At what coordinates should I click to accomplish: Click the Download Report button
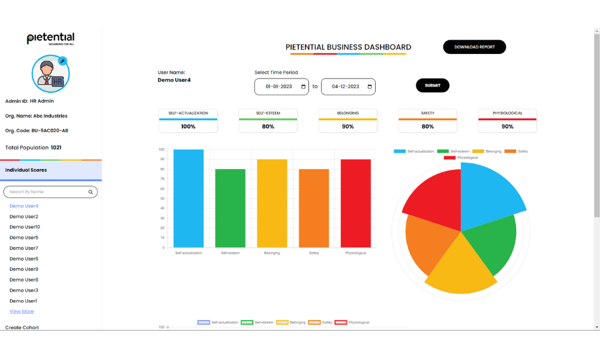[x=474, y=47]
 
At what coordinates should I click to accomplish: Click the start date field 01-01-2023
[x=281, y=86]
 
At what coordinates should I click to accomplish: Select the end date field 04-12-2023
[x=348, y=86]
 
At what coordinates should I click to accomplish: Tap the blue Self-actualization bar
[x=188, y=198]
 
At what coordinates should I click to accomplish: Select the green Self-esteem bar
[x=230, y=208]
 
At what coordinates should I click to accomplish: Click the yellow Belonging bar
[x=272, y=203]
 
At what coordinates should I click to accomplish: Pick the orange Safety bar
[x=314, y=208]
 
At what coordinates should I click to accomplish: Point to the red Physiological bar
[x=356, y=203]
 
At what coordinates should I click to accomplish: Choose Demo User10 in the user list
[x=25, y=227]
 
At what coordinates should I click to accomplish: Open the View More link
[x=22, y=311]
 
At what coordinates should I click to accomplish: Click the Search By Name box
[x=48, y=192]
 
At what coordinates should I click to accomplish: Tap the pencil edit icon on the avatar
[x=62, y=61]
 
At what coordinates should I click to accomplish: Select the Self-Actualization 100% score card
[x=188, y=121]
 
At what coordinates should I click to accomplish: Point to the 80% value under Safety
[x=428, y=127]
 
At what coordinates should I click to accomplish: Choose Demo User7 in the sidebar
[x=24, y=248]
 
